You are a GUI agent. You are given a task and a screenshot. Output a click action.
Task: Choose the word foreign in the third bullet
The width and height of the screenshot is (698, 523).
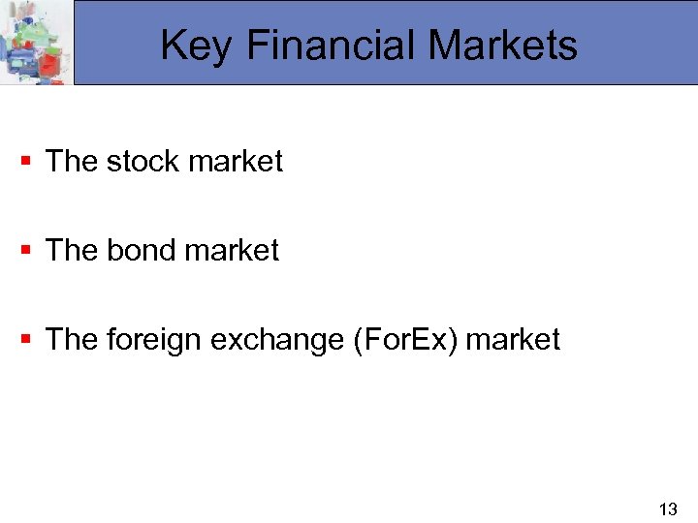click(x=150, y=339)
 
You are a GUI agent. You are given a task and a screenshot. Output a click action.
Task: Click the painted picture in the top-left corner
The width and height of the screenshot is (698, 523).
click(x=36, y=43)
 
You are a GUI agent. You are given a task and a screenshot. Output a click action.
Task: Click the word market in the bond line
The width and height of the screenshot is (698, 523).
click(x=232, y=250)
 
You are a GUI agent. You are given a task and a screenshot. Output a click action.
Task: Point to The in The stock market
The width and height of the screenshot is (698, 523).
click(x=72, y=161)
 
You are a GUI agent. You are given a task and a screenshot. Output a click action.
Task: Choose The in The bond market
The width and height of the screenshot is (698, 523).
click(x=72, y=250)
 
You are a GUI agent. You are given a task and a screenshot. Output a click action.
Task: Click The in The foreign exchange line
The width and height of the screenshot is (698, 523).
click(x=72, y=339)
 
